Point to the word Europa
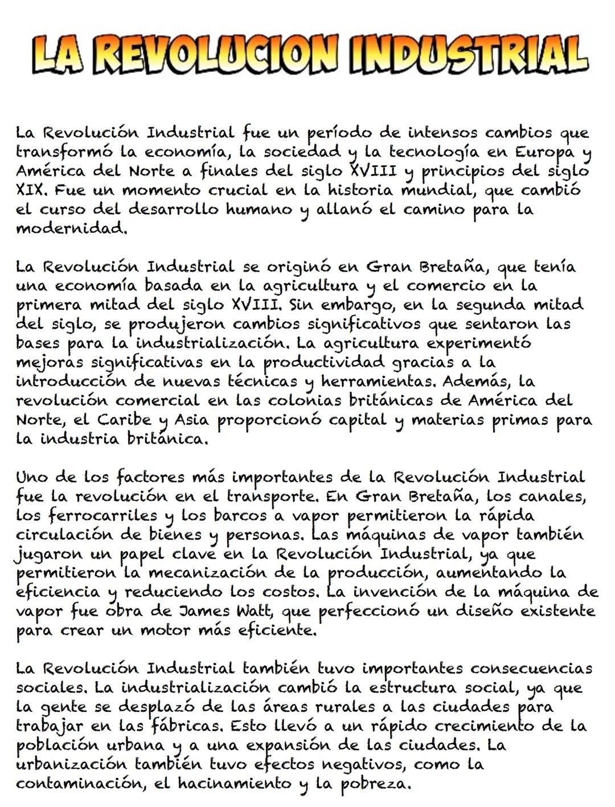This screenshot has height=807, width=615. [x=544, y=153]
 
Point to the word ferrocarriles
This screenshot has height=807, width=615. [x=103, y=516]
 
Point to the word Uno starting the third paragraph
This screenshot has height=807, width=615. [x=34, y=477]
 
